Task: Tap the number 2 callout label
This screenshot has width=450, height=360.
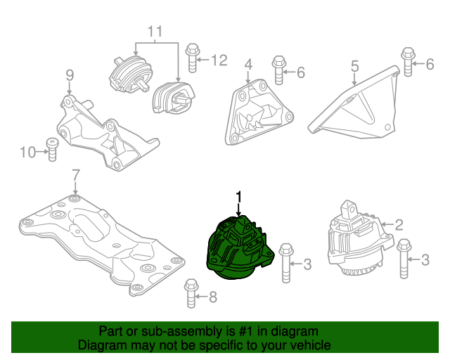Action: tap(399, 225)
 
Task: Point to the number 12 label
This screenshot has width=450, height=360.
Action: tap(219, 60)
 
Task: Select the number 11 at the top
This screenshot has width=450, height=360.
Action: tap(155, 32)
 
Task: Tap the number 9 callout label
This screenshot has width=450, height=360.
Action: tap(70, 75)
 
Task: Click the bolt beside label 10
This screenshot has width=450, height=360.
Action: tap(51, 150)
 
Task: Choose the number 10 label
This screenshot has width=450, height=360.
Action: tap(27, 151)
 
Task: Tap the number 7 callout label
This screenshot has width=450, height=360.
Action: tap(76, 175)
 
